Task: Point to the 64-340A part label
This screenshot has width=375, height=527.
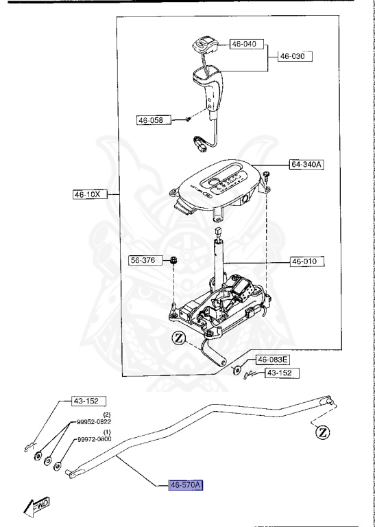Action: [x=306, y=165]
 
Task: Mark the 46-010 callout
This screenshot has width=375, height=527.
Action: [x=306, y=261]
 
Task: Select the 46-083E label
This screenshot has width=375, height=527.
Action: [x=273, y=360]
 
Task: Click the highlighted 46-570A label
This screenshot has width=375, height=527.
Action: [x=186, y=485]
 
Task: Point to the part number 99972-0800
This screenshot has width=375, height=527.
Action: [x=93, y=439]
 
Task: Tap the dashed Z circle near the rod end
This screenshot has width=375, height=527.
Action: [x=321, y=432]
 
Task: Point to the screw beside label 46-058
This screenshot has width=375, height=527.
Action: [x=187, y=119]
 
